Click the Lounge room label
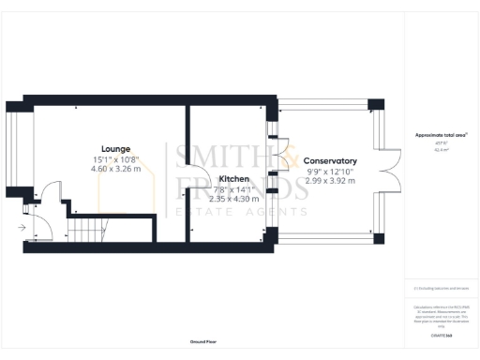click(115, 148)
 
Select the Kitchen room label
click(233, 178)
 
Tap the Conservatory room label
click(330, 160)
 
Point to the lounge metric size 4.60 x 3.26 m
click(115, 169)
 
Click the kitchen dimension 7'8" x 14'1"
click(233, 188)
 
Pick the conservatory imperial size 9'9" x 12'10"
click(330, 171)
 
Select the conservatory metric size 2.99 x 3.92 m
click(330, 181)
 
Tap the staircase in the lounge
click(90, 229)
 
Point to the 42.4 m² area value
click(441, 149)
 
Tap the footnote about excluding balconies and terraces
click(441, 288)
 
